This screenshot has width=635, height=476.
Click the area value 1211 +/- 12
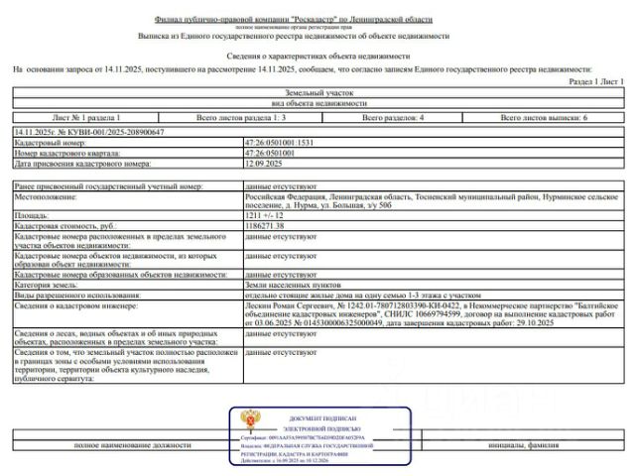pos(263,214)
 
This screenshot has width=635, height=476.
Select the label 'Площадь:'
pos(33,214)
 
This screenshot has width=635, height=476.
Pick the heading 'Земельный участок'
pos(318,92)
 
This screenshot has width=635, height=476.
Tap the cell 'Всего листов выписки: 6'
pos(545,118)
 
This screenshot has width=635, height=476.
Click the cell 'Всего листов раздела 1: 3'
pos(242,118)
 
